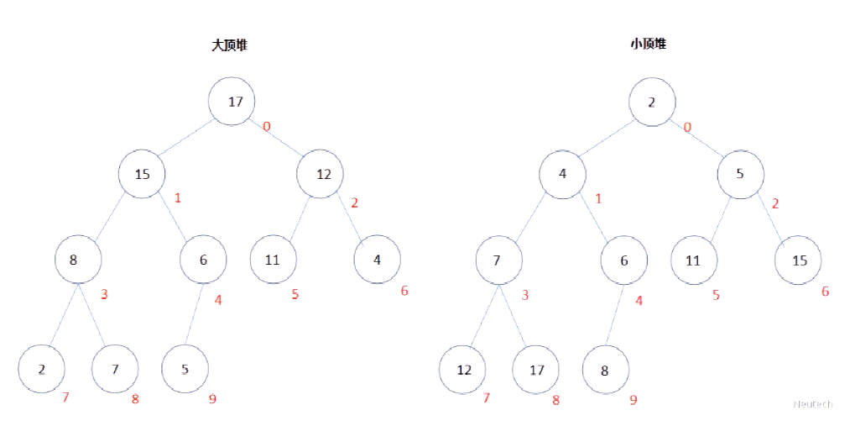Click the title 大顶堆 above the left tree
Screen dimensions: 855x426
(x=229, y=45)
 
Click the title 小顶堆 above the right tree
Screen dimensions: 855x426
(x=648, y=45)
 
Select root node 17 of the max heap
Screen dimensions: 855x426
(x=232, y=102)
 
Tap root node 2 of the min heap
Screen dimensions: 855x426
(x=652, y=103)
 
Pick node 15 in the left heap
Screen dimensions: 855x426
(x=143, y=174)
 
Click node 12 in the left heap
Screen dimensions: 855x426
(x=320, y=174)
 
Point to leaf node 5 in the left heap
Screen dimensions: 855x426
(x=185, y=369)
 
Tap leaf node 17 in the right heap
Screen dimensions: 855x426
(x=536, y=370)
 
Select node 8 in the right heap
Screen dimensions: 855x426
(x=606, y=370)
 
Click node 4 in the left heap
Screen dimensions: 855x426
(x=377, y=260)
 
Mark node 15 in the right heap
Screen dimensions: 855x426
(x=798, y=260)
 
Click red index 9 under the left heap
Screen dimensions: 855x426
(x=212, y=399)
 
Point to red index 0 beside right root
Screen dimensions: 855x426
(x=687, y=127)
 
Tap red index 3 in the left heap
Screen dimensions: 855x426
(x=105, y=295)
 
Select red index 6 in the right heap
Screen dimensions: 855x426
(x=826, y=291)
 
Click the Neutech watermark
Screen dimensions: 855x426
(x=813, y=404)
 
